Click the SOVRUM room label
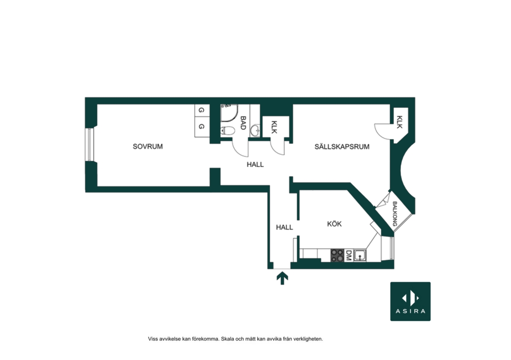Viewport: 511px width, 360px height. click(148, 146)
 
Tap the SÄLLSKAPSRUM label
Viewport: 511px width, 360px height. click(342, 146)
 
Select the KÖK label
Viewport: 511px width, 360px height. click(334, 224)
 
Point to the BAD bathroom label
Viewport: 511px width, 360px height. click(243, 123)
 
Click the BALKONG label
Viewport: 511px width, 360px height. click(395, 214)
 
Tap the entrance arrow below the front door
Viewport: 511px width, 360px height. click(282, 279)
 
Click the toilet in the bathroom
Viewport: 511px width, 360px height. click(228, 131)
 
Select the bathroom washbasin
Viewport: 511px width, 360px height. click(255, 131)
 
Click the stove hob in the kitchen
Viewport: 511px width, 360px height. click(337, 255)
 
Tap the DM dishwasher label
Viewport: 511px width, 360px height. click(348, 255)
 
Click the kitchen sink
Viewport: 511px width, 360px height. click(360, 255)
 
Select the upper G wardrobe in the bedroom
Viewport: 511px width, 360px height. click(202, 110)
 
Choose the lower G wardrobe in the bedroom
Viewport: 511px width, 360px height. click(202, 127)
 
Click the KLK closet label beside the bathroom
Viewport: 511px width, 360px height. click(274, 127)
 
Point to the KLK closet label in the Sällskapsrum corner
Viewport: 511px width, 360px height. click(400, 122)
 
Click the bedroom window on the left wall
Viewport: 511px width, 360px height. click(89, 145)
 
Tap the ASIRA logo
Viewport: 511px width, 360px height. click(410, 302)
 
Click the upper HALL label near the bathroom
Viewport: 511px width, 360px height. click(255, 164)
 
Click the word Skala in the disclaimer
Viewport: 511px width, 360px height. click(227, 339)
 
